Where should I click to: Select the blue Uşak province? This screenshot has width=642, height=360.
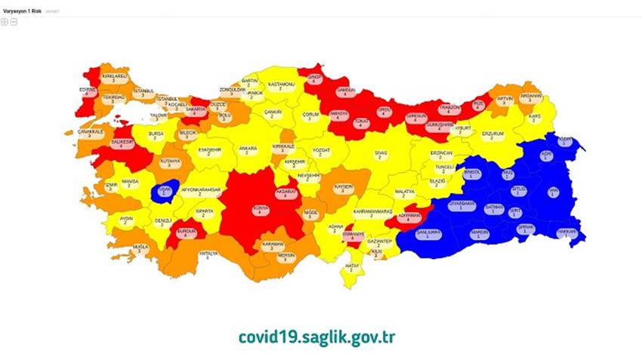tap(165, 190)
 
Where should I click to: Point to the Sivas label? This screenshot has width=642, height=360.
tap(381, 155)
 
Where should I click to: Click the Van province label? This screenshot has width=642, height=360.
tap(553, 192)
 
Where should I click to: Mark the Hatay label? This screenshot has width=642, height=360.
tap(351, 266)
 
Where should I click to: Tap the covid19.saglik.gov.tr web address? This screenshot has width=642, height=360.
tap(316, 336)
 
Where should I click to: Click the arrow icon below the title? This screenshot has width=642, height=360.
tap(5, 22)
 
